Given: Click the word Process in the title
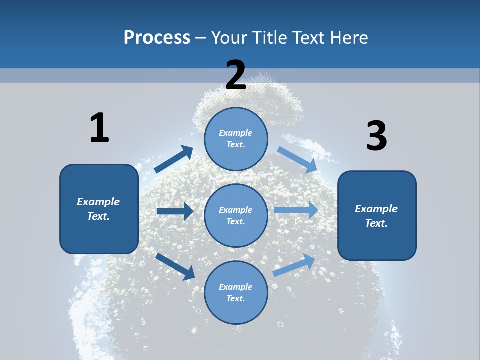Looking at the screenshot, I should [157, 38].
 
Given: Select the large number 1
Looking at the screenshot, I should [99, 128].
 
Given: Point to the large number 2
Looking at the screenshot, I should [236, 75].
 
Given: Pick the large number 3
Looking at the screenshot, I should [376, 136].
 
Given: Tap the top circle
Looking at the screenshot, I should [236, 139].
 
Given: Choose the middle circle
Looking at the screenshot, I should [236, 215].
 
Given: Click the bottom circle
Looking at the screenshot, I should [236, 292].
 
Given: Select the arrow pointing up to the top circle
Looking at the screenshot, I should [174, 159].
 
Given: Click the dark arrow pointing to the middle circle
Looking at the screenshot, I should [175, 211].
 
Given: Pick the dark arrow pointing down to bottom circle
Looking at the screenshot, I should [175, 266].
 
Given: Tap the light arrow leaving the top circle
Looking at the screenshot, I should [297, 159].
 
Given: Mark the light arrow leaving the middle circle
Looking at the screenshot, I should [296, 210].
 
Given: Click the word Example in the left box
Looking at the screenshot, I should [98, 202].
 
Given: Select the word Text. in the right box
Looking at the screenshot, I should [376, 223].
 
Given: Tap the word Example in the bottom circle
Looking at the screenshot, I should [236, 287].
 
